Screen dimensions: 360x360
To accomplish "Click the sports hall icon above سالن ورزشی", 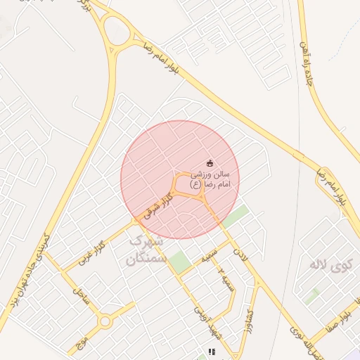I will click(x=210, y=163).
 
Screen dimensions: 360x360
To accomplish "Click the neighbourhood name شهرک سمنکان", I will click(x=145, y=250).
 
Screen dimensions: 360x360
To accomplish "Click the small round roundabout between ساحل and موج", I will click(x=105, y=322).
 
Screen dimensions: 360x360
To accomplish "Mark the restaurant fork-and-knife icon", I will click(x=210, y=351).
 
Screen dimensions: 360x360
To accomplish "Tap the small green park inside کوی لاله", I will click(x=312, y=295).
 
